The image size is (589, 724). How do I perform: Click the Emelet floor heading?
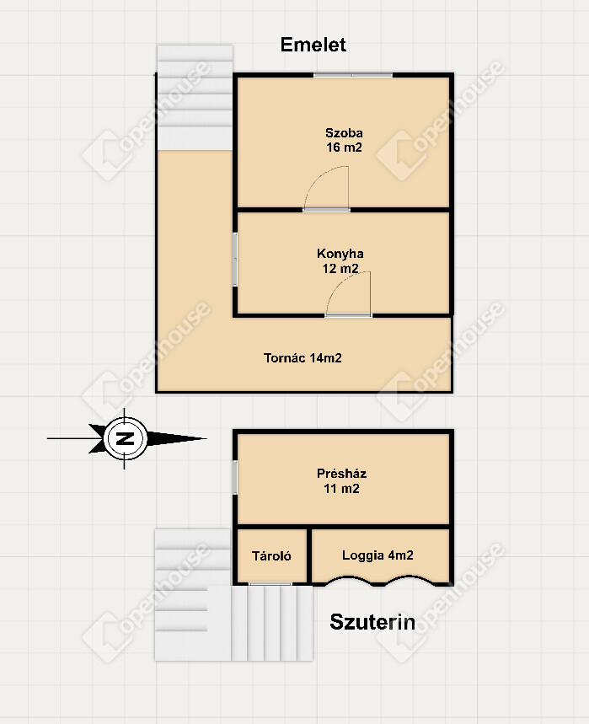pos(313,45)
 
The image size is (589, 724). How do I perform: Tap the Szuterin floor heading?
pos(372,622)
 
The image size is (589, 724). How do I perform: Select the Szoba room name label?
pos(344,133)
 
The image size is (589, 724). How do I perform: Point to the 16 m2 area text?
pos(344,147)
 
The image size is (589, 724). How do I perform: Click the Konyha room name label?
pos(340,254)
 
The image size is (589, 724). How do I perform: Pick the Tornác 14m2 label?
pos(303,358)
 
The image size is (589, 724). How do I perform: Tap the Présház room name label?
pos(341,474)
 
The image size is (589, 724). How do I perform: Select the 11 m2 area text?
pos(341,489)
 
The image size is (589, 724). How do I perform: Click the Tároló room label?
pos(271,556)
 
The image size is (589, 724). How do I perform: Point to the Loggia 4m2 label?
pos(377,555)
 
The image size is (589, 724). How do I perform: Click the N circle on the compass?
pos(125,438)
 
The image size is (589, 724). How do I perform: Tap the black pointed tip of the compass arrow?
pos(206,438)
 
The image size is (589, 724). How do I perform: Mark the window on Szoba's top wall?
pos(353,75)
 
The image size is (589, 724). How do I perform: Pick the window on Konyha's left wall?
pos(235,260)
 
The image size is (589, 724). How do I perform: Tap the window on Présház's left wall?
pos(235,477)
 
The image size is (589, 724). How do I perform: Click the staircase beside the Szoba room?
pos(195,98)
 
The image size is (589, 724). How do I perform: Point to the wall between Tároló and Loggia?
pos(309,555)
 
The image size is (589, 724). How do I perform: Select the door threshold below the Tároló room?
pos(270,584)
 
